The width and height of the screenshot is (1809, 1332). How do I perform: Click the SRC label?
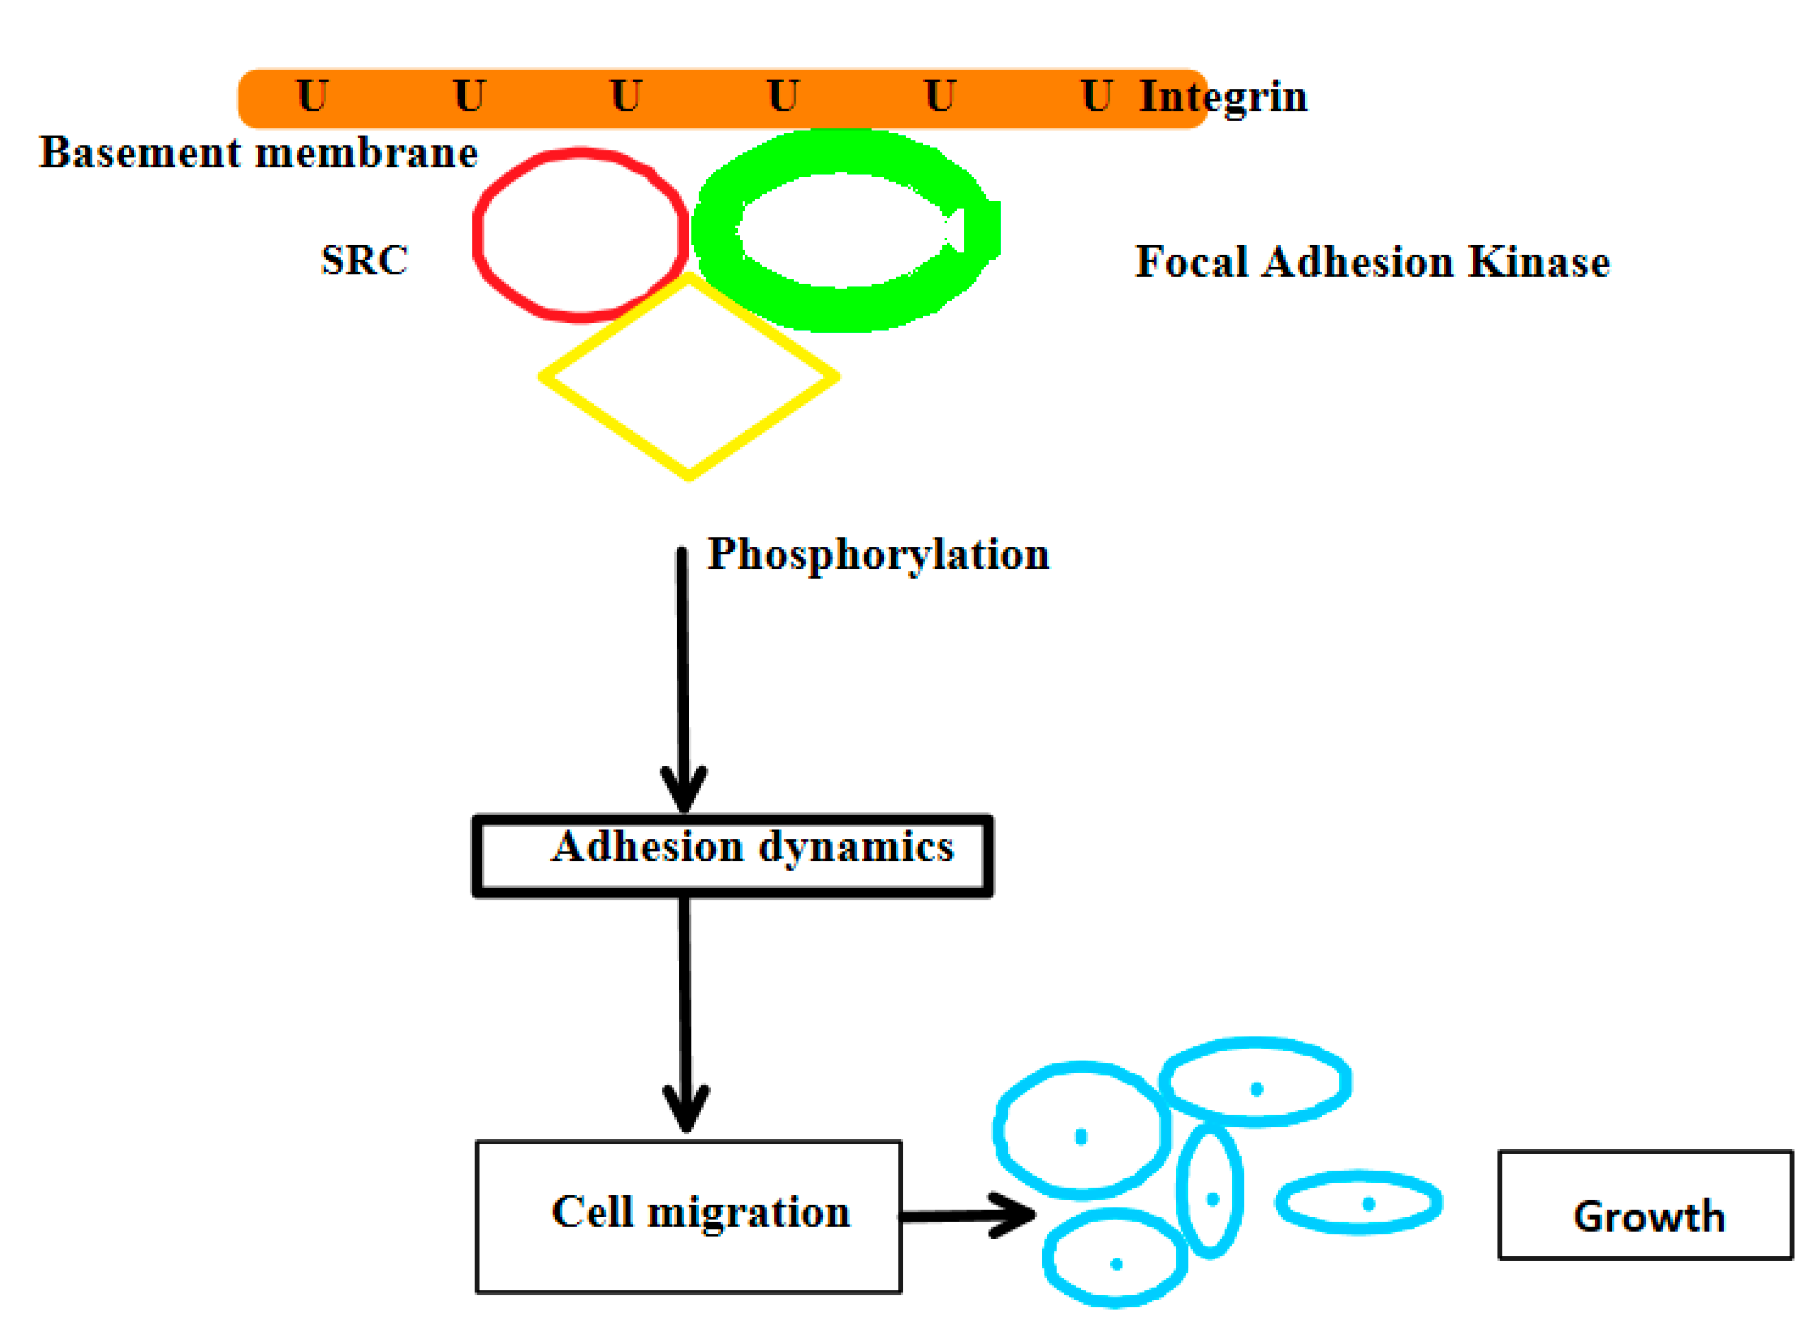tap(364, 260)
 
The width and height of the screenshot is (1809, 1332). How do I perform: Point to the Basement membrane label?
tap(258, 152)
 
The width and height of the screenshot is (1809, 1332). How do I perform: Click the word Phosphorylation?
tap(878, 554)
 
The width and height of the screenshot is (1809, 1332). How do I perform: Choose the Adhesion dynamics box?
tap(732, 855)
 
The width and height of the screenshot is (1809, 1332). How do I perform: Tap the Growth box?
tap(1645, 1205)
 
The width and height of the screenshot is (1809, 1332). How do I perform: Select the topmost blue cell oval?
tap(1255, 1081)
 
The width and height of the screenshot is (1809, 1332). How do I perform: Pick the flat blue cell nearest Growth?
tap(1358, 1203)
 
